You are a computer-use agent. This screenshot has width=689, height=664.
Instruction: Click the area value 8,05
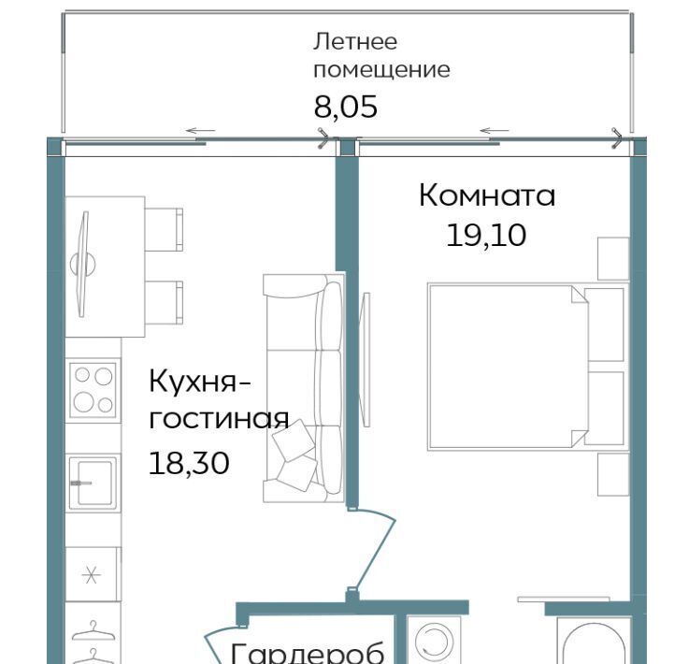345,107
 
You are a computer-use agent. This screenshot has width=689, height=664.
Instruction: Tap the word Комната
487,195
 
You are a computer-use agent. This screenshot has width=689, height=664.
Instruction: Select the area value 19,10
486,235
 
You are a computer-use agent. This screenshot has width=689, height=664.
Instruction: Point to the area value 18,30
189,463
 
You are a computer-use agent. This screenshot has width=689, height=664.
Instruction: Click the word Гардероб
308,653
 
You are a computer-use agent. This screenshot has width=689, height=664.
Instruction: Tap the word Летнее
355,42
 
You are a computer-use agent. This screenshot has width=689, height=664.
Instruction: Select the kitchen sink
93,483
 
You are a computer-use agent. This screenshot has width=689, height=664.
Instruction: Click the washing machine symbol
434,640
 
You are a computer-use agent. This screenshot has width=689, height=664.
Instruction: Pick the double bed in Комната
527,367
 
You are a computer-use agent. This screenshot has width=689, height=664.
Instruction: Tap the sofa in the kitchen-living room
303,388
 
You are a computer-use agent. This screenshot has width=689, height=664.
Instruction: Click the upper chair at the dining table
164,230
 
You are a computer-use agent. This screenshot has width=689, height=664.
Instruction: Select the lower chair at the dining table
164,303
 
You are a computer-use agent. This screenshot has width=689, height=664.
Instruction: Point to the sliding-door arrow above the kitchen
201,131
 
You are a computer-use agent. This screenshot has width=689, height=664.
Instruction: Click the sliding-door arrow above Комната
495,131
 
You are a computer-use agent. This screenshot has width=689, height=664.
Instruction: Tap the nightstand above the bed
613,258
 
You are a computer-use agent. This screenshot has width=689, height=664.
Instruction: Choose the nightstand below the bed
613,474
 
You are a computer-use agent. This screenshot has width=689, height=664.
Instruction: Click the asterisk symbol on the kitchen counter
92,575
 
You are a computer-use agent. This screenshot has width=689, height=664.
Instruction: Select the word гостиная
219,419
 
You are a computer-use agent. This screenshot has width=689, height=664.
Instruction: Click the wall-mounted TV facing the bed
365,359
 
